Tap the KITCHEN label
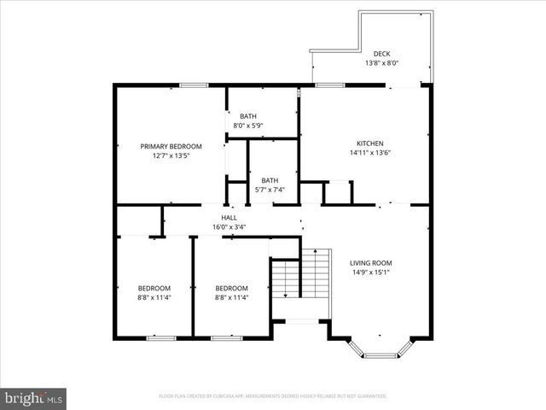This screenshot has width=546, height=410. pos(369,143)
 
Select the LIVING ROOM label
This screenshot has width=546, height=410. pos(370,262)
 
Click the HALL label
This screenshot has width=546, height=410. pos(229,218)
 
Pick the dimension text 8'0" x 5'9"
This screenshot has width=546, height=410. pos(247,126)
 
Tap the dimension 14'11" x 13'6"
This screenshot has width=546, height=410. pos(369,153)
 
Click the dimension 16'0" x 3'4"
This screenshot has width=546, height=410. pos(229,227)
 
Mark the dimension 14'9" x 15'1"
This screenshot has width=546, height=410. pos(370,272)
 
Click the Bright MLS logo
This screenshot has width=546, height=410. pos(34,398)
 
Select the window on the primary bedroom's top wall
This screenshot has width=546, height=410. pos(195,85)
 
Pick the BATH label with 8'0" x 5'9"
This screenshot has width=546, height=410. pos(247,116)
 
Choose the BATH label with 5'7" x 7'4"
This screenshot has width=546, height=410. pos(270,180)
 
